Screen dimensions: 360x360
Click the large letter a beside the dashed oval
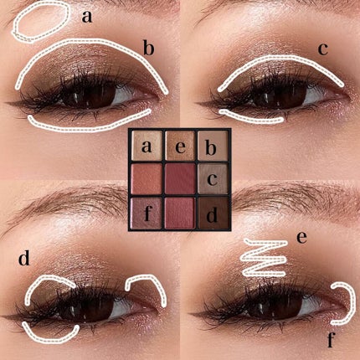point(88,17)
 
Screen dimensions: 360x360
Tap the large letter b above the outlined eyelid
point(148,47)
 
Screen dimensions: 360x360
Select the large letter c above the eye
point(322,48)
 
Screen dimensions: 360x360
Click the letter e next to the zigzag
point(302,237)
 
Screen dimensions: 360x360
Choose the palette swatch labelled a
point(147,147)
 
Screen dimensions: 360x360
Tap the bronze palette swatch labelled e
point(179,147)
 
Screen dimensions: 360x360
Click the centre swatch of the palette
point(179,179)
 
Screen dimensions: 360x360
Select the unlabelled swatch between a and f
point(147,179)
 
